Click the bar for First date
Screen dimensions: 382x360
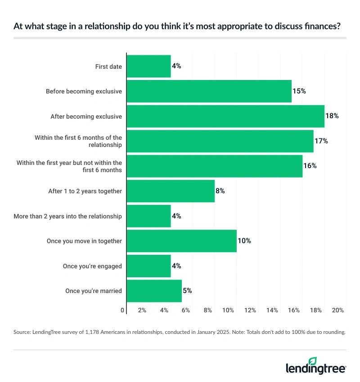point(148,66)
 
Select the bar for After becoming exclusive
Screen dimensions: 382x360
point(225,116)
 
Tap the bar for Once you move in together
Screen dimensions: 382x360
point(181,241)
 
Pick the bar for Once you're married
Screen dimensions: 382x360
point(154,291)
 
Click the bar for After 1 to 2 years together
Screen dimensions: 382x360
point(171,191)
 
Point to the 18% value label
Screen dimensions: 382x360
point(333,116)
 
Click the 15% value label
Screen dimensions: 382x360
point(300,91)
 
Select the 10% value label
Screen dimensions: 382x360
point(244,241)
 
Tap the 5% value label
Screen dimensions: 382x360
point(187,291)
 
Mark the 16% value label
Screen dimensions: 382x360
point(310,166)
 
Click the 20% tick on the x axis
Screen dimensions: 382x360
point(338,310)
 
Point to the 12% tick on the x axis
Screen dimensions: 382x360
point(250,310)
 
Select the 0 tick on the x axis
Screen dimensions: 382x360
point(122,310)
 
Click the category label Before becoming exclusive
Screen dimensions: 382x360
point(84,91)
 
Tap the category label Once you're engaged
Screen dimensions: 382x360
point(92,266)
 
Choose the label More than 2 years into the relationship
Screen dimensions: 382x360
point(67,216)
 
